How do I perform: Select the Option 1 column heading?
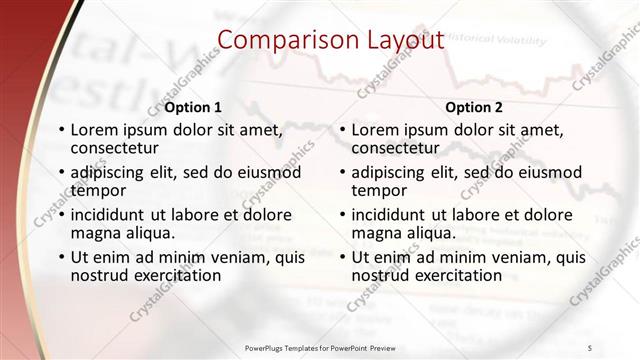[x=193, y=106]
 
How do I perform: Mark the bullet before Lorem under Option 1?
[x=62, y=130]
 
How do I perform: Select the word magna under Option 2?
[x=376, y=233]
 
